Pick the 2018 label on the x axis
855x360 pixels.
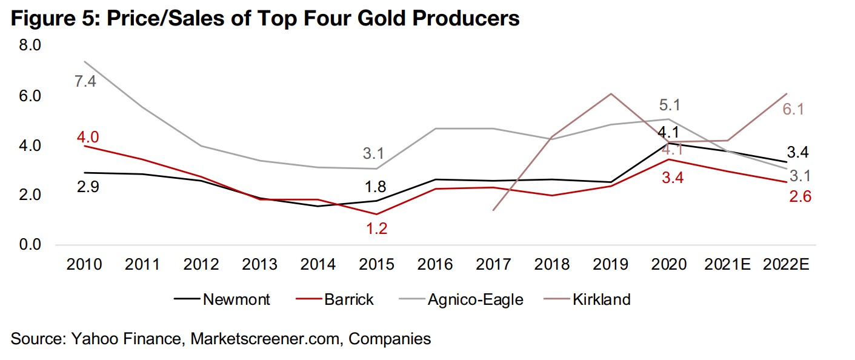click(x=552, y=265)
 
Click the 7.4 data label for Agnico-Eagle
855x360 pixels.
click(x=85, y=81)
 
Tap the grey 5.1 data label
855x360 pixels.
click(x=669, y=105)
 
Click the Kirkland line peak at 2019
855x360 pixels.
click(x=611, y=93)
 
